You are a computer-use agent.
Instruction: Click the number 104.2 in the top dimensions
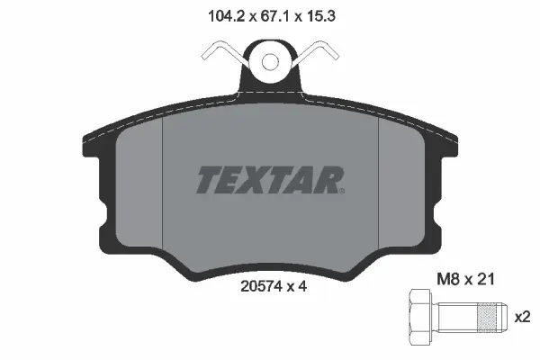[212, 15]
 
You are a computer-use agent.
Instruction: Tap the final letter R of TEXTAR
[328, 180]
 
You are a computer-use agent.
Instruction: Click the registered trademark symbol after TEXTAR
[343, 190]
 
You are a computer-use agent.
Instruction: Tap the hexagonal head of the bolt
[420, 319]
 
